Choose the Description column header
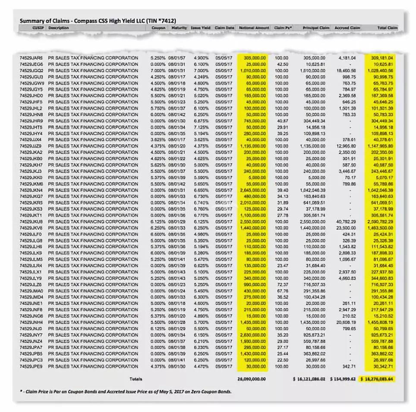pyautogui.click(x=59, y=28)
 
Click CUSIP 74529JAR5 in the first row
pyautogui.click(x=31, y=58)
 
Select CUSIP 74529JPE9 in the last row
pyautogui.click(x=31, y=366)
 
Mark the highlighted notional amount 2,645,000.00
pyautogui.click(x=253, y=190)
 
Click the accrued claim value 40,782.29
pyautogui.click(x=346, y=222)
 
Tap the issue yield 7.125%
pyautogui.click(x=202, y=127)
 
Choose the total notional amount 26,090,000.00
pyautogui.click(x=251, y=379)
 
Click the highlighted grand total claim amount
pyautogui.click(x=379, y=379)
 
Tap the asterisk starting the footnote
pyautogui.click(x=21, y=391)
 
